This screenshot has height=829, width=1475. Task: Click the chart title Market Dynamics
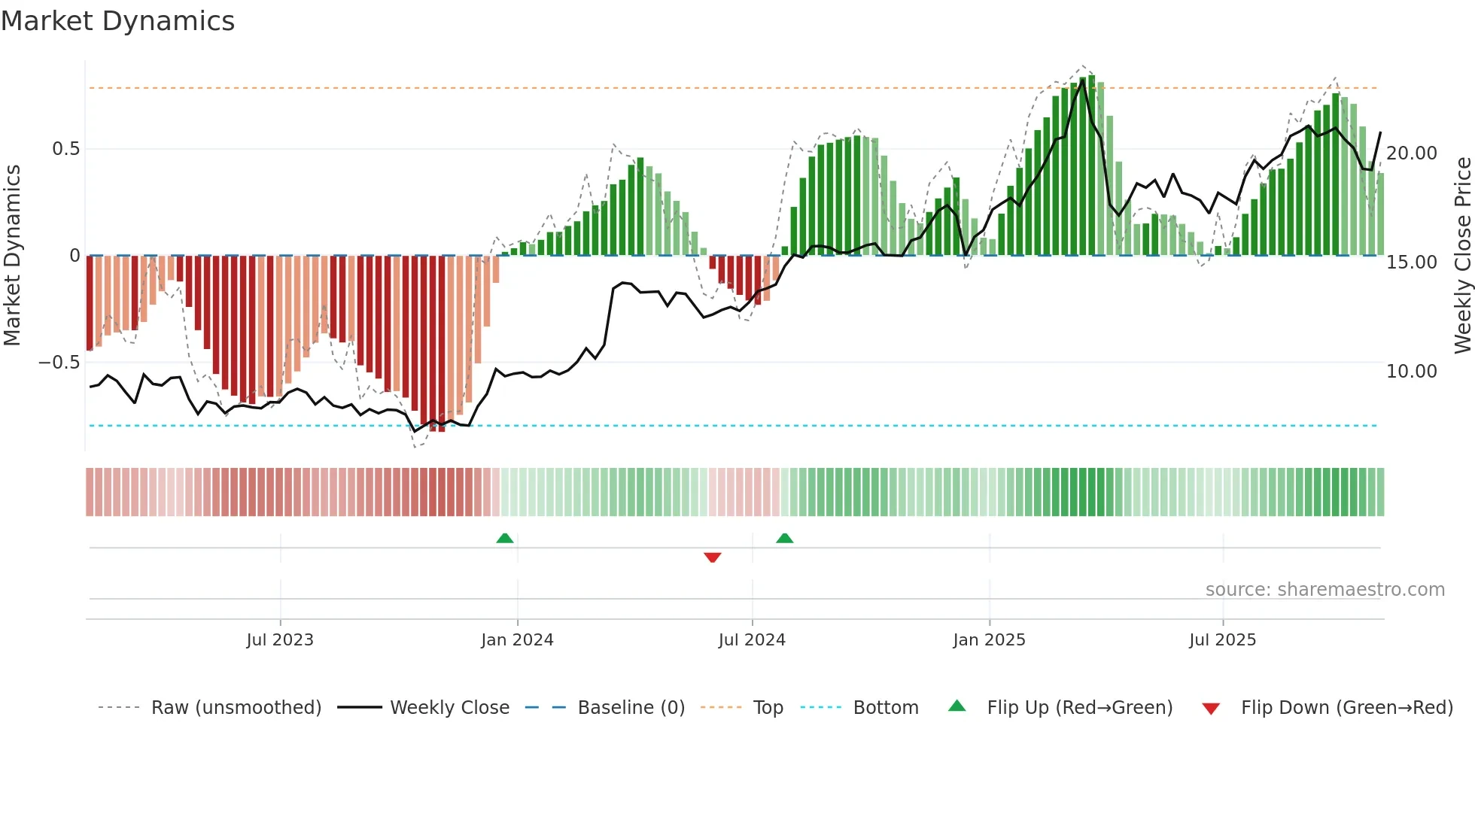(118, 21)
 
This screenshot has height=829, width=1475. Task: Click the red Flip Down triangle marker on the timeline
(713, 557)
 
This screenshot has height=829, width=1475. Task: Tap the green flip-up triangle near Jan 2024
(505, 538)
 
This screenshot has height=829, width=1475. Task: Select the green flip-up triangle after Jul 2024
(785, 538)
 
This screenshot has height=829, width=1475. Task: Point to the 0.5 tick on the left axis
(65, 149)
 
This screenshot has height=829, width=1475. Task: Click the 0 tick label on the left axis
(75, 256)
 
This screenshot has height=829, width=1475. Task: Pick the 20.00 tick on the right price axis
(1412, 153)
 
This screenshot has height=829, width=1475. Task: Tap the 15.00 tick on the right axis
(1412, 263)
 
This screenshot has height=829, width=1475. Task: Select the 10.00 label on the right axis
(1412, 372)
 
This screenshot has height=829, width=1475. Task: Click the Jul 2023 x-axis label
(280, 640)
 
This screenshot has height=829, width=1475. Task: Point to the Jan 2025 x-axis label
(989, 640)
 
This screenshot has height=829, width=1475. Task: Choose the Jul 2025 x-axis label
(1223, 640)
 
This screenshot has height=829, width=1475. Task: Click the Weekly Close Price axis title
(1462, 256)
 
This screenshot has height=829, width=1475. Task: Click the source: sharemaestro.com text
(1324, 590)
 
